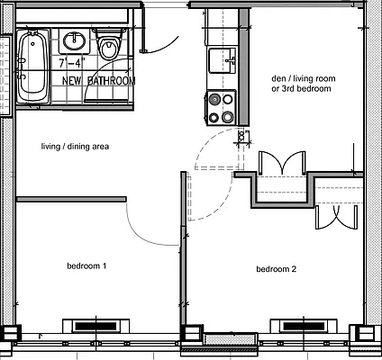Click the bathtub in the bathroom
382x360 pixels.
[32, 67]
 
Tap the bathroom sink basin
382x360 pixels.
[74, 40]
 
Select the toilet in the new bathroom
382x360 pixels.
[108, 44]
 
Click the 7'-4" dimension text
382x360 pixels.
[72, 63]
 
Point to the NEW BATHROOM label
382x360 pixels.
[98, 81]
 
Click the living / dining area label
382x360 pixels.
[75, 147]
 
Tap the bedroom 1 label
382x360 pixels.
[86, 265]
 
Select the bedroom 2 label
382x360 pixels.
[276, 269]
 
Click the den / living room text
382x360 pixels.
[304, 78]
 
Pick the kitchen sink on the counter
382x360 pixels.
[223, 61]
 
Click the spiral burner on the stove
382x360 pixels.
[215, 99]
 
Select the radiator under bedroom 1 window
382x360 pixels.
[95, 326]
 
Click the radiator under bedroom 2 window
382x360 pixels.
[304, 326]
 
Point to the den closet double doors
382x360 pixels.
[283, 162]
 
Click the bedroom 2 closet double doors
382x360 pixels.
[336, 217]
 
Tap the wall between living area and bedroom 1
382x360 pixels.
[71, 199]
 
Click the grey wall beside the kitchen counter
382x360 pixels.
[243, 67]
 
